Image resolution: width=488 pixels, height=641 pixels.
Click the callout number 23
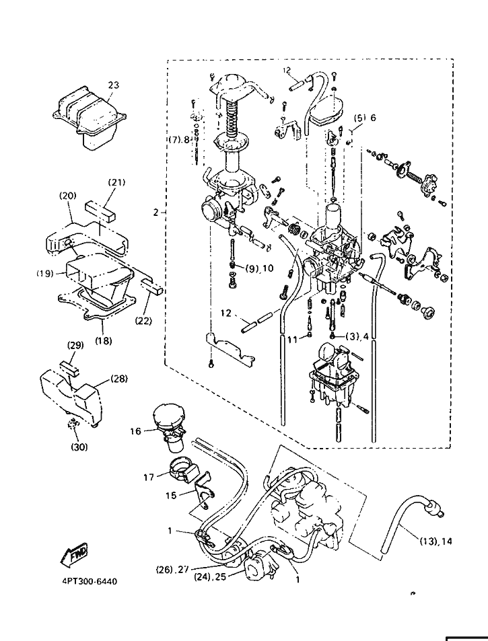coord(114,85)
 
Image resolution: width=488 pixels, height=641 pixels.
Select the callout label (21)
coord(116,182)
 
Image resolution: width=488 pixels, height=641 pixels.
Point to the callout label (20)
coord(67,196)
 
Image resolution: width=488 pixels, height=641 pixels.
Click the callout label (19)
coord(44,274)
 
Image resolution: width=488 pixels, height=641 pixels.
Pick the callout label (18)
coord(103,340)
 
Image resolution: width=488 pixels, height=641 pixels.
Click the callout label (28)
coord(118,379)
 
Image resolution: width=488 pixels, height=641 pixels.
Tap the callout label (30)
coord(79,446)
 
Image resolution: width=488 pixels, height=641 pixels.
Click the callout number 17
coord(149,476)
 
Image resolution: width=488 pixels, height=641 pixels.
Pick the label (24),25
coord(209,577)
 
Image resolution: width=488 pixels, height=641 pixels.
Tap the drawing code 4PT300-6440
coord(84,581)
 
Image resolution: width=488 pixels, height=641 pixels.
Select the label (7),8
coord(179,140)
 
